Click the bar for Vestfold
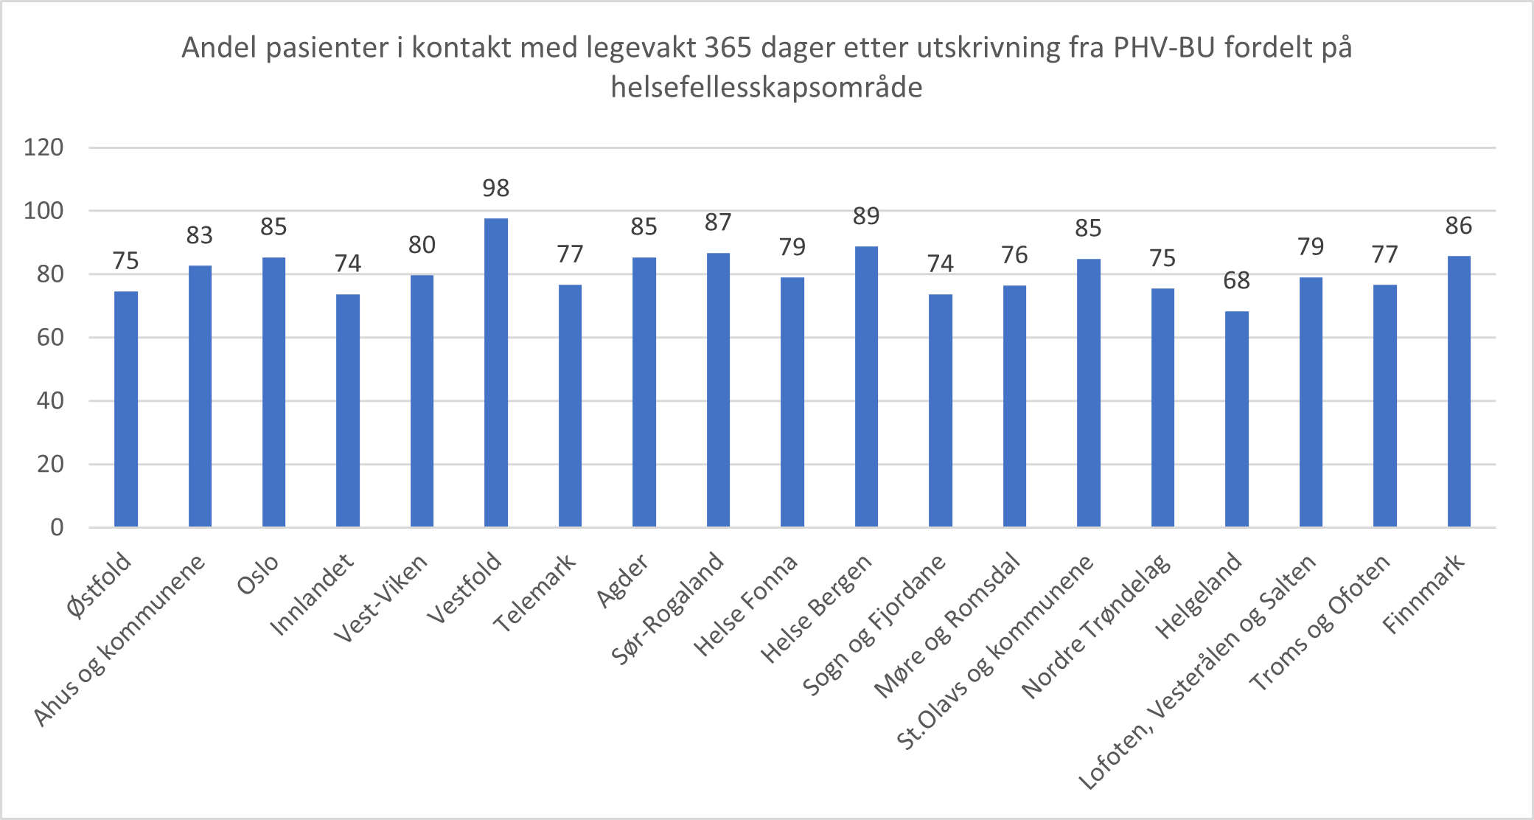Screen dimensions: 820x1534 495,372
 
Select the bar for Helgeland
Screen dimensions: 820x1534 1236,419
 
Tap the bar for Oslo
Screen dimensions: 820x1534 273,392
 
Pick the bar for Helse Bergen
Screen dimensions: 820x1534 866,386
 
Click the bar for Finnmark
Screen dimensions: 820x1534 1459,391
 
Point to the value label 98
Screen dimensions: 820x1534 495,189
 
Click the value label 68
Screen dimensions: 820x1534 1236,281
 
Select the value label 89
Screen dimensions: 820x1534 866,216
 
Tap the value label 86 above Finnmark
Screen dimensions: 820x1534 1459,226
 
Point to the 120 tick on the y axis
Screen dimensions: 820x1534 43,147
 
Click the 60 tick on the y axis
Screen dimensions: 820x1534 50,338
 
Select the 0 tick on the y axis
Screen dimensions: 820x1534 57,527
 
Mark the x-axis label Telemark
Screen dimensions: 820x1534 534,594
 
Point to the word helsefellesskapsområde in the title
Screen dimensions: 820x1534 767,88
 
